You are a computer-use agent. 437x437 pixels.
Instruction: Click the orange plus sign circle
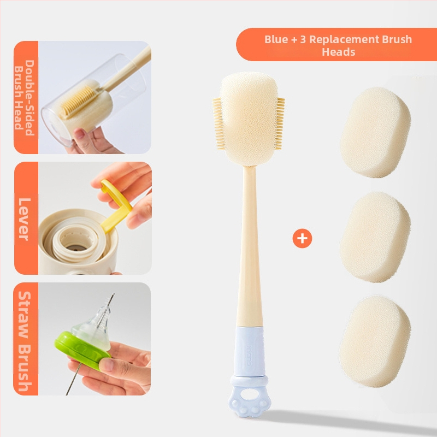[302, 238]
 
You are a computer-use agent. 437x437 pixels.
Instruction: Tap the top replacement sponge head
[375, 132]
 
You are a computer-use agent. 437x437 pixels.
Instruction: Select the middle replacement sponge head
[375, 237]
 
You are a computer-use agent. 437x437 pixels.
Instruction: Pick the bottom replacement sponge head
[375, 342]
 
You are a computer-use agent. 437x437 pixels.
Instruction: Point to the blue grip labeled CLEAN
[250, 352]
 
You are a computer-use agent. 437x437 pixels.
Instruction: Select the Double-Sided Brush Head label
[25, 98]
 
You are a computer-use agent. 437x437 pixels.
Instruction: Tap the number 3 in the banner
[303, 39]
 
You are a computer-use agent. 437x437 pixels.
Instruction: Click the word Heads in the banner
[338, 52]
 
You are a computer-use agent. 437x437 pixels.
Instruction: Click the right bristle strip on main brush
[280, 123]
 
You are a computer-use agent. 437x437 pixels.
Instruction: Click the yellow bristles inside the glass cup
[77, 101]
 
